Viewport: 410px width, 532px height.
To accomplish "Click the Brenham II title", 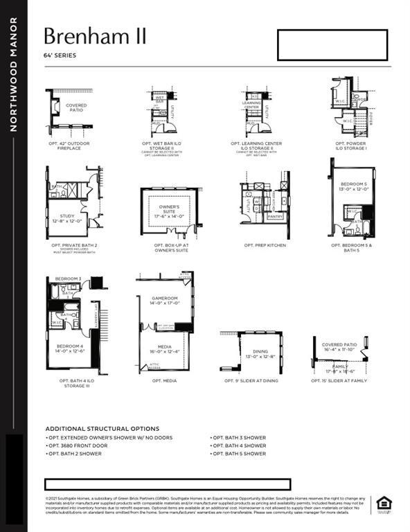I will (x=95, y=36).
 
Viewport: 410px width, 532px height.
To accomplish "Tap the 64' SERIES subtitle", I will (x=60, y=55).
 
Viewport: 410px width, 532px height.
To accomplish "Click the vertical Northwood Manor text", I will (x=13, y=74).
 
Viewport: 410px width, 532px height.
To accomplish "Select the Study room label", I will (x=67, y=218).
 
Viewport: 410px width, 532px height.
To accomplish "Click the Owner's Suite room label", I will (x=170, y=210).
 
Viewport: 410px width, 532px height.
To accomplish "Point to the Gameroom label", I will (x=166, y=300).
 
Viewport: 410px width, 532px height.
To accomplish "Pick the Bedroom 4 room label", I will (x=70, y=348).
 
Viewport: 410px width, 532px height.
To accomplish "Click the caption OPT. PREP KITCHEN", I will (x=265, y=245).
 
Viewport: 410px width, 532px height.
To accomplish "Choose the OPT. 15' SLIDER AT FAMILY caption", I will (x=339, y=380).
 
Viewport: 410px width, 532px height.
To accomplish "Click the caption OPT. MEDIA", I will (x=165, y=380).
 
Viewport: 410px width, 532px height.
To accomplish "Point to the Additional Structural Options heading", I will (x=102, y=429).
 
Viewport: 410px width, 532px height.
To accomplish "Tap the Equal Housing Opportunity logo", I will (x=384, y=504).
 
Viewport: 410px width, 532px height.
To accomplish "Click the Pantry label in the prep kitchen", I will (x=275, y=217).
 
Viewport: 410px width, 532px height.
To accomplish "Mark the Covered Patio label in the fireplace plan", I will (x=76, y=107).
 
